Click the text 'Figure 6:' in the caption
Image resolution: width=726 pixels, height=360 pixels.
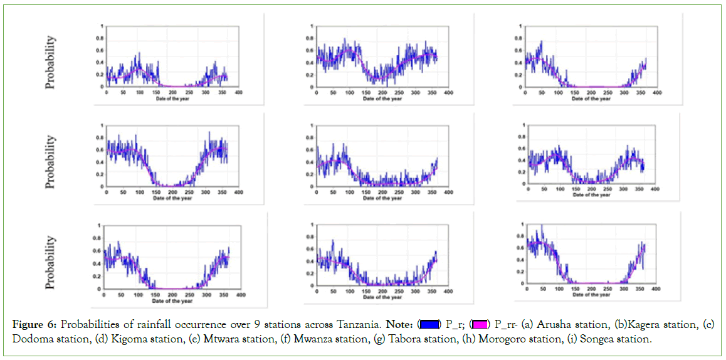tap(32, 326)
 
